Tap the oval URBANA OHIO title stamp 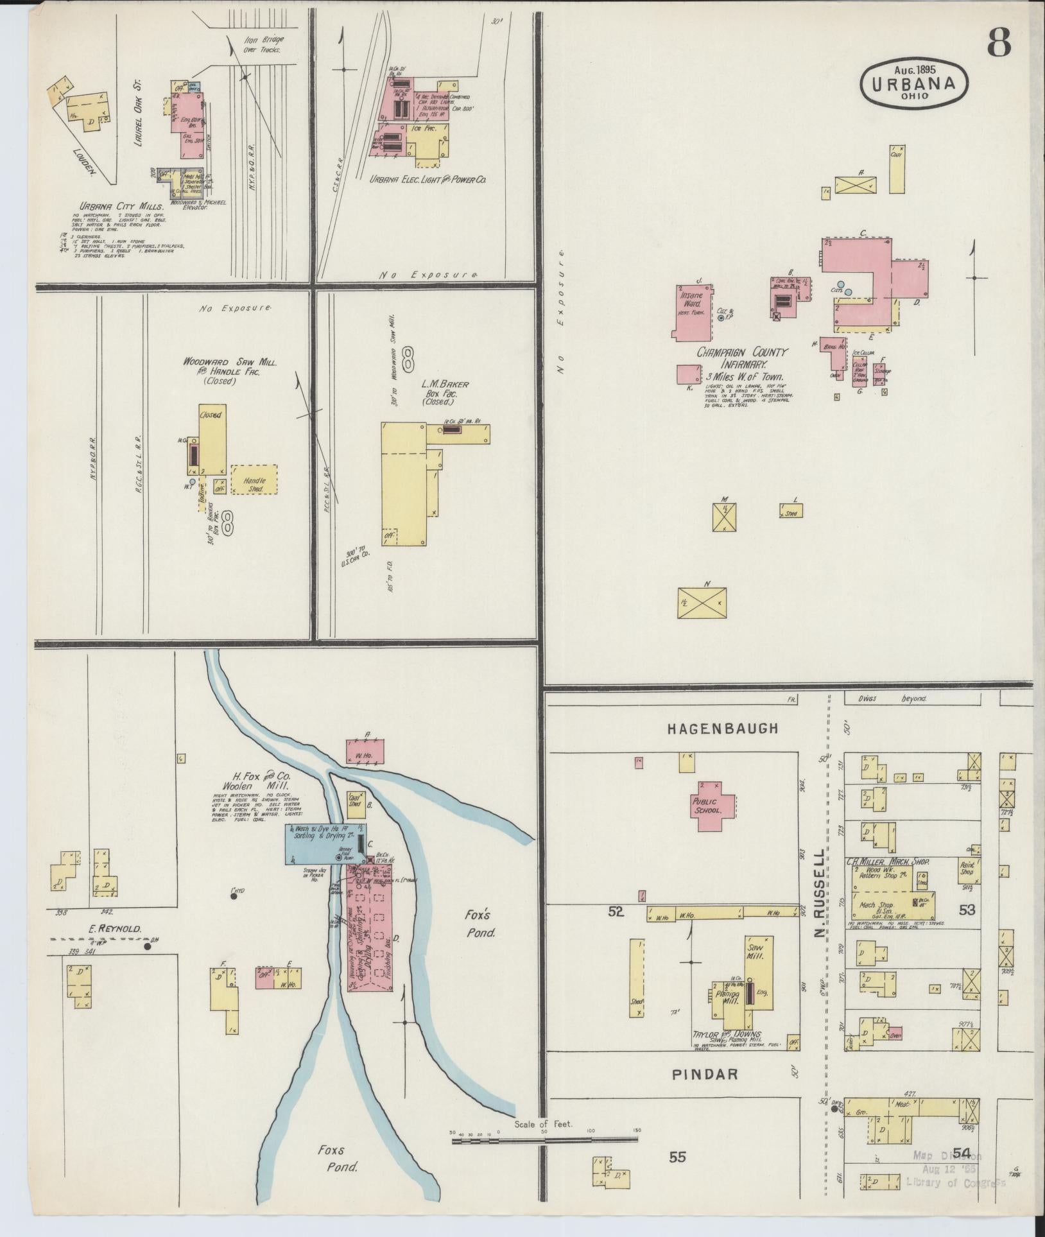click(913, 84)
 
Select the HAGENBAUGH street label click(723, 728)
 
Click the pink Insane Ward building click(692, 311)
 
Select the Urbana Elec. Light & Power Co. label click(428, 180)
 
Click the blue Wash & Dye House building click(325, 841)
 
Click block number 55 click(678, 1157)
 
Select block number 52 click(616, 911)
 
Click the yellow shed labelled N click(703, 601)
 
